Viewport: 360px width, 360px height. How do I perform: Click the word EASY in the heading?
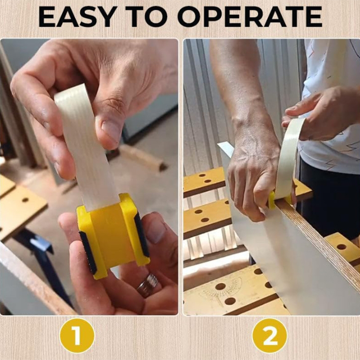[x=76, y=17]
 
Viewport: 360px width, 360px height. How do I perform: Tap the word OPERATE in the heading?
[x=250, y=17]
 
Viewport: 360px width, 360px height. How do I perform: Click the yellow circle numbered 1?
[x=77, y=335]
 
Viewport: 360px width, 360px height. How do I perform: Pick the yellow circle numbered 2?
[x=270, y=335]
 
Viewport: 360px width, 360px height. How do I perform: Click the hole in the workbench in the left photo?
[x=25, y=200]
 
